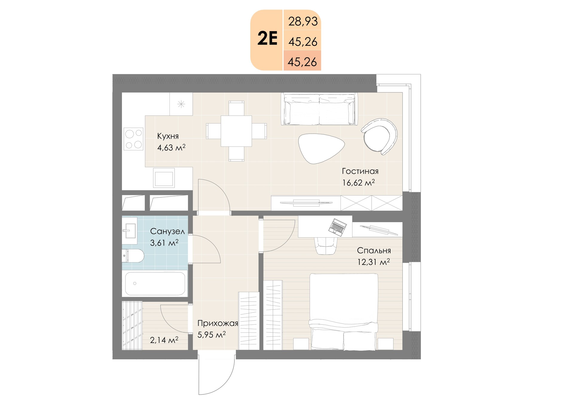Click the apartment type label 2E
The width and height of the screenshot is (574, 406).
[x=268, y=39]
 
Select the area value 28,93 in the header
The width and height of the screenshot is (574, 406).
[x=303, y=22]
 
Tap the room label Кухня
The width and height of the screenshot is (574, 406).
[x=168, y=136]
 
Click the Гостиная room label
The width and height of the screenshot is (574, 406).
[x=360, y=171]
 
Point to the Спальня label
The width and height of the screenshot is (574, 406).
[x=374, y=251]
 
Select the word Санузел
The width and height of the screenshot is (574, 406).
[x=167, y=231]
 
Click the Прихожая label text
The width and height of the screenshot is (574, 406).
[x=218, y=323]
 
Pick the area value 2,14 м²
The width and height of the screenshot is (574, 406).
[x=164, y=340]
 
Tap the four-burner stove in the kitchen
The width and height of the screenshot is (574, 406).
[x=134, y=139]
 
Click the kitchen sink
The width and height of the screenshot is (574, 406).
[x=164, y=177]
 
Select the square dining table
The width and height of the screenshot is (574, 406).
[x=236, y=131]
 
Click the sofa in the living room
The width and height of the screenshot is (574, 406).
[x=319, y=109]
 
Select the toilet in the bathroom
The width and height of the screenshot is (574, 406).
[x=133, y=256]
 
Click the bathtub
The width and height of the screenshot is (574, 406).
[x=155, y=283]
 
